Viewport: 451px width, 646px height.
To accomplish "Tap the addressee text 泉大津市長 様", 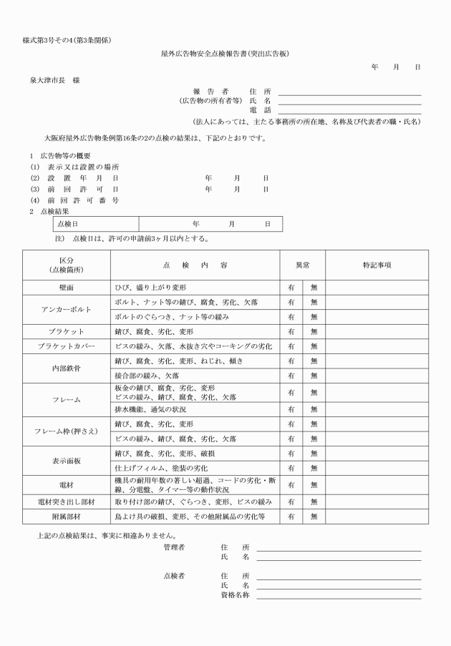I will pyautogui.click(x=54, y=80).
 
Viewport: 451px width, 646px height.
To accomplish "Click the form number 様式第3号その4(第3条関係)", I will pyautogui.click(x=67, y=37).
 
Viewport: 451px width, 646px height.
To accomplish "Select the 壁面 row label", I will pyautogui.click(x=67, y=287).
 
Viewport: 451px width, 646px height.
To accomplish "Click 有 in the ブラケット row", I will pyautogui.click(x=291, y=332).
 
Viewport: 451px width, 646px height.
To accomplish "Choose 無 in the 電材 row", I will pyautogui.click(x=314, y=485).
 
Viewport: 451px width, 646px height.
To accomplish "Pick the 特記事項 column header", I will pyautogui.click(x=377, y=265).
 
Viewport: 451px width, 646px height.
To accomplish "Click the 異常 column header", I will pyautogui.click(x=302, y=265).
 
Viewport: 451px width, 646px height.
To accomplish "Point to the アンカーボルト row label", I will pyautogui.click(x=67, y=310).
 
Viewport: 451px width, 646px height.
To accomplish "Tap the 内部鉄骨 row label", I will pyautogui.click(x=67, y=368).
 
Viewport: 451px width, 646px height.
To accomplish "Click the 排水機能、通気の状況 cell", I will pyautogui.click(x=150, y=410).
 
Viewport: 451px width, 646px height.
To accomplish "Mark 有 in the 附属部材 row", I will pyautogui.click(x=291, y=516).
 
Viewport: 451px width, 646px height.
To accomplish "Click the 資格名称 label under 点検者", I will pyautogui.click(x=235, y=596).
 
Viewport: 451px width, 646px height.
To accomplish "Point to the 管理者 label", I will pyautogui.click(x=175, y=547).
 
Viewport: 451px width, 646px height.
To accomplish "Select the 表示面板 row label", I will pyautogui.click(x=67, y=461).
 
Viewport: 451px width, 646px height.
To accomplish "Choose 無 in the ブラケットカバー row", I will pyautogui.click(x=314, y=346).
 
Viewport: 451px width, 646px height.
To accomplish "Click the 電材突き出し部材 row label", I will pyautogui.click(x=67, y=501).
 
